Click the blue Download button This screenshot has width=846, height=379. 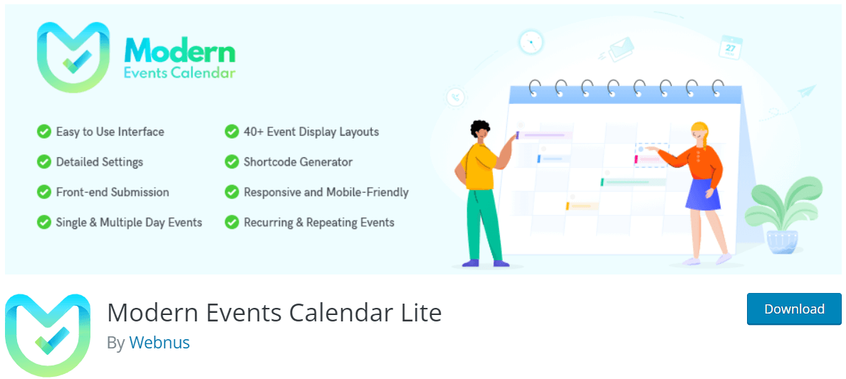[794, 309]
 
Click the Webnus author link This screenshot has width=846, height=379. [160, 343]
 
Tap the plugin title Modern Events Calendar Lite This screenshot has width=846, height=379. [274, 312]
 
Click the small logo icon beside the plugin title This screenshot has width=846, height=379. [48, 335]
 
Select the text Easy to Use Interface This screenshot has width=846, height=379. [110, 132]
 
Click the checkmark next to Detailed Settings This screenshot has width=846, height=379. [44, 162]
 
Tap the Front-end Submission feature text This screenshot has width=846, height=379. [113, 192]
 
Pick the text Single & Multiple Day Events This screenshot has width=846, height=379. [129, 223]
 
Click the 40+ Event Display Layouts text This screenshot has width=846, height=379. [311, 132]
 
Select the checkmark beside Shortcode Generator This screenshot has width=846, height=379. [232, 162]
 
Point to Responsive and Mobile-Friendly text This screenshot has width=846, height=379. [326, 192]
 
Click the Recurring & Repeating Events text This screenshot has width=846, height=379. [319, 223]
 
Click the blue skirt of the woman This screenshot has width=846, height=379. [703, 193]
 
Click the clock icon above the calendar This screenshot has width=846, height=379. [531, 42]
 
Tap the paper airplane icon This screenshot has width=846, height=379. [806, 91]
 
